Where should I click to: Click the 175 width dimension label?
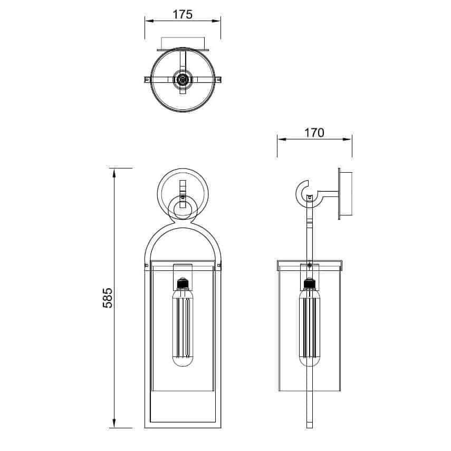pos(183,14)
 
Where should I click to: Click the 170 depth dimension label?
pos(314,133)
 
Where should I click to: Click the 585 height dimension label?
pos(108,298)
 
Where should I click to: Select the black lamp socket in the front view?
pos(183,284)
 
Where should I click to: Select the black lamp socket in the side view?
pos(309,284)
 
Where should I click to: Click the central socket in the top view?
pos(183,79)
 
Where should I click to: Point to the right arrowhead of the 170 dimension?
pos(348,139)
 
